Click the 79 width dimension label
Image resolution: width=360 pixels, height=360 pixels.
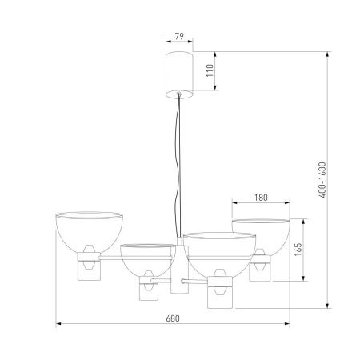(x=179, y=36)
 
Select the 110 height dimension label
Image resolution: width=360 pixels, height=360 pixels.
(x=210, y=70)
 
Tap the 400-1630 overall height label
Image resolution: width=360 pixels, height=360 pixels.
(x=322, y=180)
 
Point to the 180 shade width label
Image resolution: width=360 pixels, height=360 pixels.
(x=261, y=198)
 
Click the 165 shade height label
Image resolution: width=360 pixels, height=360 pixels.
(x=298, y=250)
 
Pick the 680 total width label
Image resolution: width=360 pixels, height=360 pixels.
(x=173, y=318)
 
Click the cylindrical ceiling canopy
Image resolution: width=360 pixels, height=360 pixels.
(x=179, y=75)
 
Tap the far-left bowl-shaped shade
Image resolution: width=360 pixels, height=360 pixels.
(x=89, y=231)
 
